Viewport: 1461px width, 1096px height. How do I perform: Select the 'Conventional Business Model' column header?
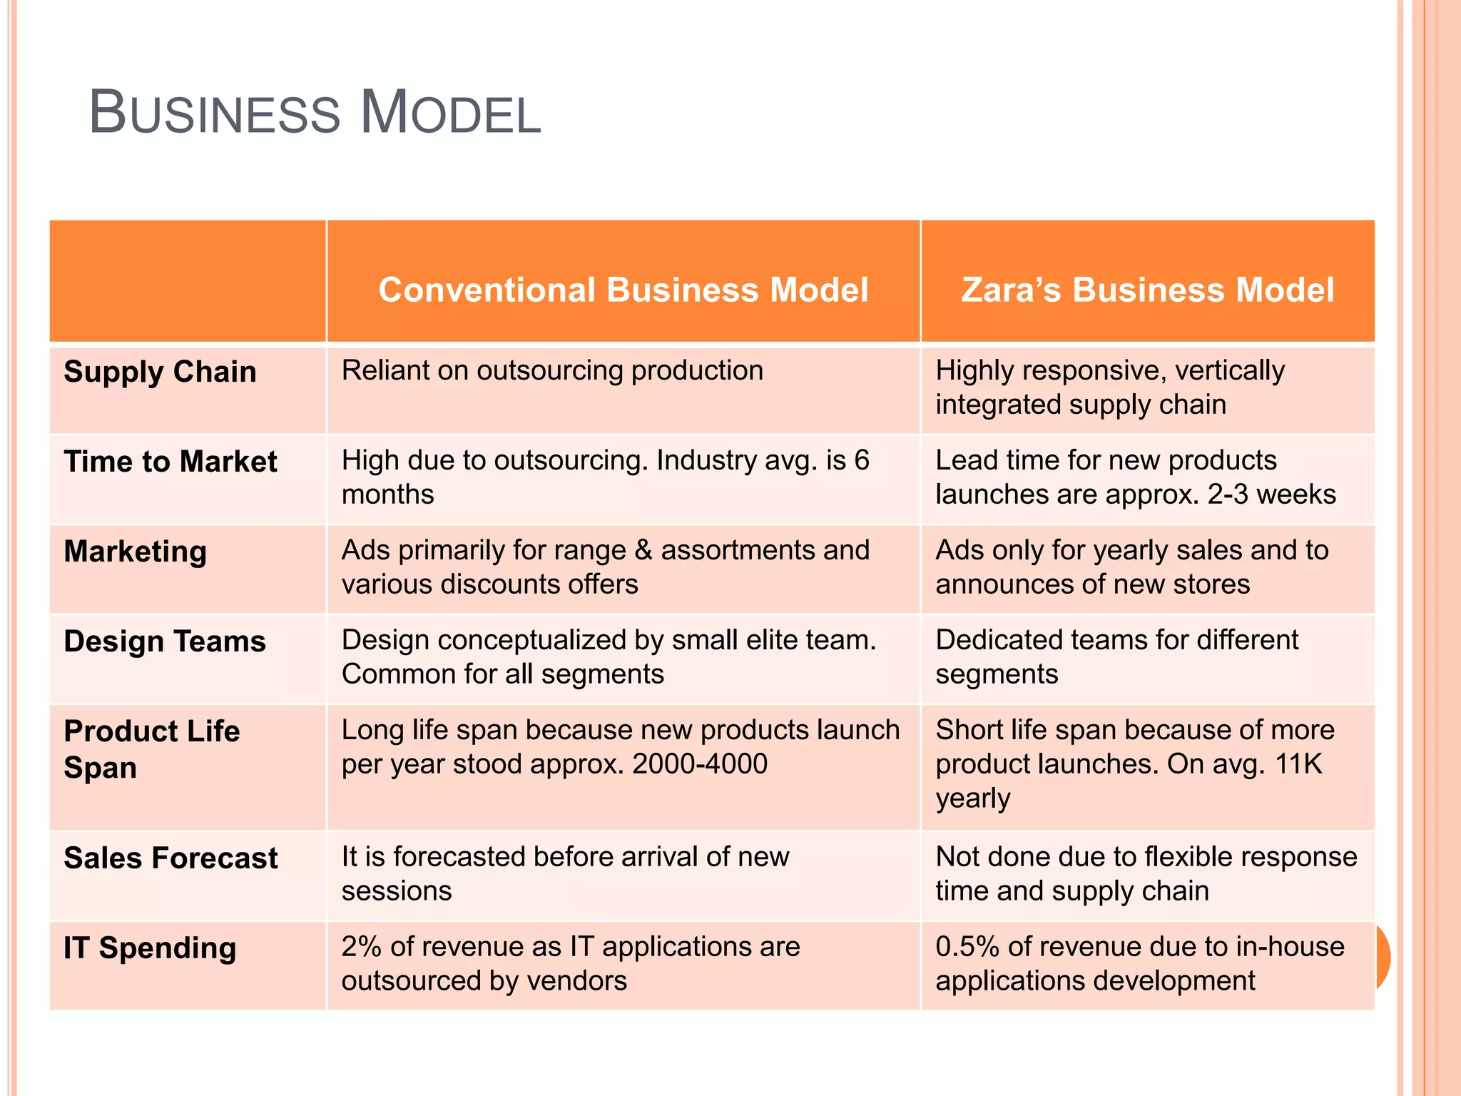click(623, 290)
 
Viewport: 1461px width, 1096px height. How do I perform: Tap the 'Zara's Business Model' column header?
click(1148, 290)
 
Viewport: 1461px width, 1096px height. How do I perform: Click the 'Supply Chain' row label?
click(160, 372)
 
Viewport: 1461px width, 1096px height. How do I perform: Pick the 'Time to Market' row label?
click(170, 462)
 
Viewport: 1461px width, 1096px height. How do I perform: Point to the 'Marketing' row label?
click(136, 552)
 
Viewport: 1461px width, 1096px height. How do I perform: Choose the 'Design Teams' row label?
click(165, 641)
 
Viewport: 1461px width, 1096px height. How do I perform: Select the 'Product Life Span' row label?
click(152, 749)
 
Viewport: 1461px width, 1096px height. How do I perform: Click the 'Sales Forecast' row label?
click(171, 858)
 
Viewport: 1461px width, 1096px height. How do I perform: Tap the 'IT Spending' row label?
click(150, 948)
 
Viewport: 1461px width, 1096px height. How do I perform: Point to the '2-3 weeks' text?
click(1272, 494)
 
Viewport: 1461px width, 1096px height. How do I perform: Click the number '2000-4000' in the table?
click(700, 764)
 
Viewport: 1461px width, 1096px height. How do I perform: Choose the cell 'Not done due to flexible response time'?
click(1146, 873)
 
